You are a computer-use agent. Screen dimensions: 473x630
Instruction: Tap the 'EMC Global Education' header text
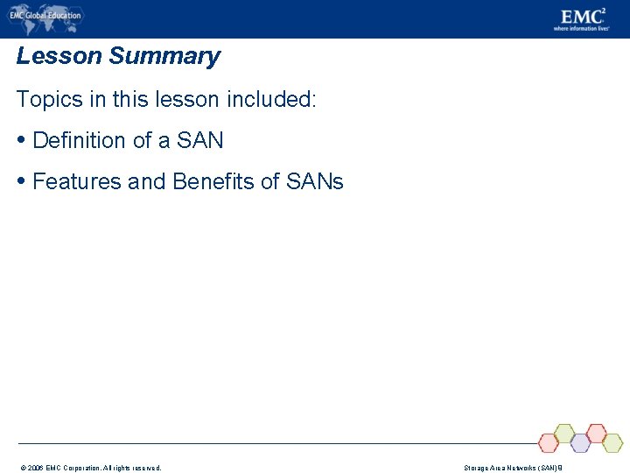tap(45, 15)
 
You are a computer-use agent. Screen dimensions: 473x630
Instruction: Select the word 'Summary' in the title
tap(164, 57)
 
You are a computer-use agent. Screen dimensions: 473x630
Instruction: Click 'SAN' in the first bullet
tap(200, 140)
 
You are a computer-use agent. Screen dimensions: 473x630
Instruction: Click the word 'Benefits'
tap(215, 181)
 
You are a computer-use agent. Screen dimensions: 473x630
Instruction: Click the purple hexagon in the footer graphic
tap(580, 442)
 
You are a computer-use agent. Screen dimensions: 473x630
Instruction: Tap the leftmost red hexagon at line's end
tap(549, 442)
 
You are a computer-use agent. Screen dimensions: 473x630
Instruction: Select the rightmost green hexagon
tap(612, 442)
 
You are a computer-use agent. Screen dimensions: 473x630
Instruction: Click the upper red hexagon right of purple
tap(596, 433)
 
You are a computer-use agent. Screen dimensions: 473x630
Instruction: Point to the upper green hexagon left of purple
tap(564, 433)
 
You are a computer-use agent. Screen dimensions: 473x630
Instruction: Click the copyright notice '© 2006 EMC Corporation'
tap(87, 468)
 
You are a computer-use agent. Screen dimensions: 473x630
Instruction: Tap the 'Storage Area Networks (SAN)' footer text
tap(513, 468)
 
